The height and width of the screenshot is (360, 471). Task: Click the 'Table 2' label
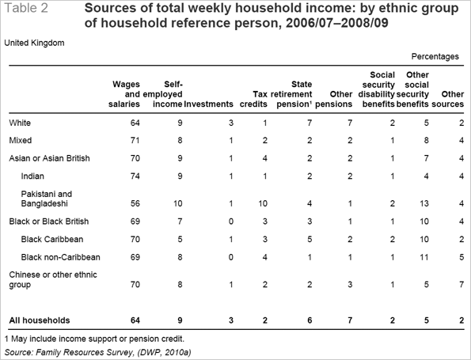coord(26,8)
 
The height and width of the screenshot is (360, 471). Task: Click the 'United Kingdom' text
coord(34,43)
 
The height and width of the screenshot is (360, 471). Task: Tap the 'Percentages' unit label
coord(435,56)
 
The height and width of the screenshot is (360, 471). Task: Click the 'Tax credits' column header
coord(253,99)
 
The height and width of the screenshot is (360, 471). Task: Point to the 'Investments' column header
coord(208,104)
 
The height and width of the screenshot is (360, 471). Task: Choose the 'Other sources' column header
coord(447,99)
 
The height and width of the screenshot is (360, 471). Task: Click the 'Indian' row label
coord(32,176)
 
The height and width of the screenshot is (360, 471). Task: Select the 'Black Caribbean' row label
coord(52,239)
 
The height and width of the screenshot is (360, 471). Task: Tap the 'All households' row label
coord(40,320)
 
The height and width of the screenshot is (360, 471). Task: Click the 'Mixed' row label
coord(20,141)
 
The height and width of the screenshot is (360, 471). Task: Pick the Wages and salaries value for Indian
coord(135,176)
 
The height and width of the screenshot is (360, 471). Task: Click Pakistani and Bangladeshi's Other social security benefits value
coord(424,203)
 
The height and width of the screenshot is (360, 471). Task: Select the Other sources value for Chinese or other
coord(462,284)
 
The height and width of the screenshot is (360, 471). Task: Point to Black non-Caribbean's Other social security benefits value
coord(424,257)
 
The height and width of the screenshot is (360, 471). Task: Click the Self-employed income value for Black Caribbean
coord(180,239)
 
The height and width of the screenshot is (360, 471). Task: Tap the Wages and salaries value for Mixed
coord(135,141)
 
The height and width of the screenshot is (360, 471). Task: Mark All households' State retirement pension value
coord(310,320)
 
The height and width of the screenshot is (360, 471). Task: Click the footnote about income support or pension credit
coord(94,339)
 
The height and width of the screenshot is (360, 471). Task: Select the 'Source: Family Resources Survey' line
coord(97,352)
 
